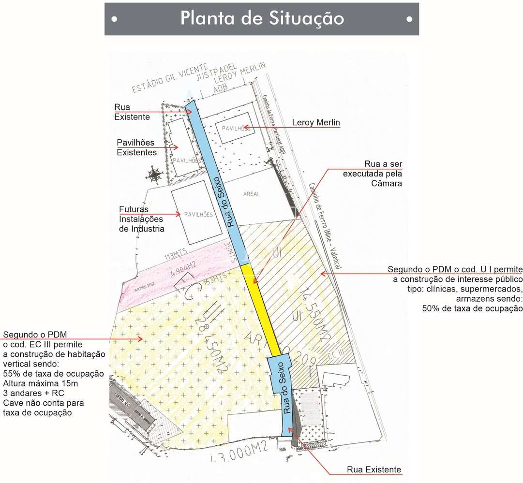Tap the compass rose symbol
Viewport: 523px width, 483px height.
tap(155, 174)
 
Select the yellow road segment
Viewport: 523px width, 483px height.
tap(262, 309)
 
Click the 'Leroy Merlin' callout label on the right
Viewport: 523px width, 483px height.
tap(316, 123)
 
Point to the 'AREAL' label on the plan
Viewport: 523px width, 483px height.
tap(252, 194)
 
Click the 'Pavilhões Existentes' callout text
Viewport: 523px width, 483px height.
tap(136, 147)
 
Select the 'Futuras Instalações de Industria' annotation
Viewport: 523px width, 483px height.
tap(142, 219)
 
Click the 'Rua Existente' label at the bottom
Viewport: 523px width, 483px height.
tap(374, 469)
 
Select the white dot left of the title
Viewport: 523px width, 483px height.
tap(114, 19)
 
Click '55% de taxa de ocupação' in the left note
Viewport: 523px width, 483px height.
tap(54, 373)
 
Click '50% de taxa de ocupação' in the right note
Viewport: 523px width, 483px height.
tap(472, 308)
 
